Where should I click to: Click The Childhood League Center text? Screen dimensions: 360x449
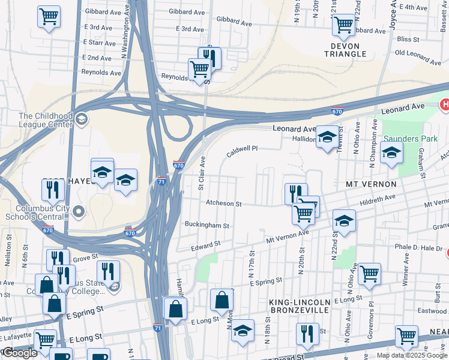pos(46,120)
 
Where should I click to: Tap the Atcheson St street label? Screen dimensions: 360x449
pos(223,204)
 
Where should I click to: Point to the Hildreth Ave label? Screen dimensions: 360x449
pos(378,199)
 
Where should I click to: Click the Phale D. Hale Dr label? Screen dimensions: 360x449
pos(418,247)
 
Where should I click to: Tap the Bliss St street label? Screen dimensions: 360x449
pos(408,39)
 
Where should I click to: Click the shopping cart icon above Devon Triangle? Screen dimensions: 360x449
pos(343,25)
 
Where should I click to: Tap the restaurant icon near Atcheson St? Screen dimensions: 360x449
pos(296,193)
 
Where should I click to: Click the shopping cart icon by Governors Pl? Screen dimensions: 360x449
pos(369,274)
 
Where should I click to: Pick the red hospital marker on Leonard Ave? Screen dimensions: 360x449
pos(445,105)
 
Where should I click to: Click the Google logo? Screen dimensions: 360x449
pos(20,353)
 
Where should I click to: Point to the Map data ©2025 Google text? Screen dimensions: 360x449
pos(412,355)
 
